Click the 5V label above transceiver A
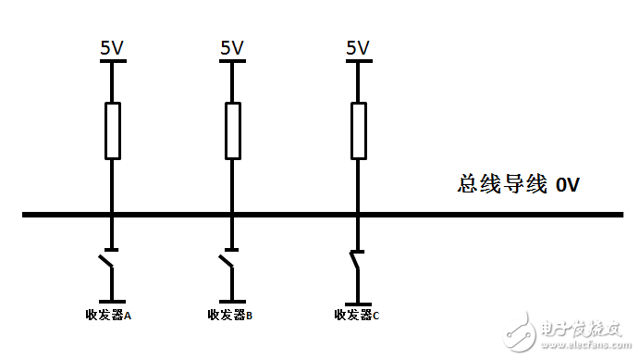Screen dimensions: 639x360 112,48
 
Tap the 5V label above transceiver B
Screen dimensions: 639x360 232,48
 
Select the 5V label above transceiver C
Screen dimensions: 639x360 357,48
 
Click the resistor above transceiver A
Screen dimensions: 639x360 113,130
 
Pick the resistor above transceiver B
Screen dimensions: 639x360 233,130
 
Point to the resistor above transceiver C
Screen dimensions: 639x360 359,130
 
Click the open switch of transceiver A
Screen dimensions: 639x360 106,261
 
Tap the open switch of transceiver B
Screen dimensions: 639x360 227,261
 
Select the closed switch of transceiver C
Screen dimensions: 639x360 355,261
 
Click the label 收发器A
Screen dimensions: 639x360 108,316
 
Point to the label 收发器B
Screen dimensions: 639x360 230,316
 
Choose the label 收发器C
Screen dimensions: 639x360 357,316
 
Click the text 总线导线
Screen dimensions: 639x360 502,184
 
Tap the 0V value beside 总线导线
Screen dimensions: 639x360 567,185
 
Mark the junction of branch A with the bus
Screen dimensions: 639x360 112,215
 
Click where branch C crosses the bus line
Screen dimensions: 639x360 358,215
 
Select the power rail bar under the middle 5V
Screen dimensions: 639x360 232,61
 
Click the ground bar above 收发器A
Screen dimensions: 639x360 112,302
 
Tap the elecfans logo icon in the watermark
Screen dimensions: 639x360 520,333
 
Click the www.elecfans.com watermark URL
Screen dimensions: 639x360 586,345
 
